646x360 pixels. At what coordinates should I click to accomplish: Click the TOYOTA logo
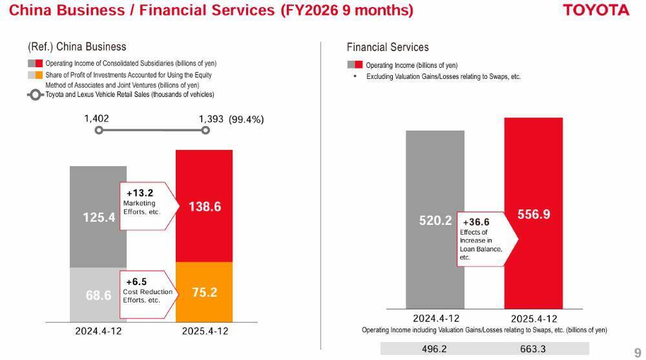(x=596, y=10)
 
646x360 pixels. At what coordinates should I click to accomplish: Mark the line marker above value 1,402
(x=99, y=130)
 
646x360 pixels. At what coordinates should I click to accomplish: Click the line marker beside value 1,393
(x=205, y=130)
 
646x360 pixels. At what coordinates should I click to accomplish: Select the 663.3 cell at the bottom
(x=534, y=349)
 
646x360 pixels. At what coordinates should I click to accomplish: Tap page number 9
(x=638, y=352)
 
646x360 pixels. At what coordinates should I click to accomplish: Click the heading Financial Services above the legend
(x=388, y=47)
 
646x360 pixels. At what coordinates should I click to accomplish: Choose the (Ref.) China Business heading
(x=77, y=47)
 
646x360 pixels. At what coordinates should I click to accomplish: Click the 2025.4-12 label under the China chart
(x=205, y=331)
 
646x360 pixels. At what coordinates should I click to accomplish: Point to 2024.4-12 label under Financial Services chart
(x=436, y=318)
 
